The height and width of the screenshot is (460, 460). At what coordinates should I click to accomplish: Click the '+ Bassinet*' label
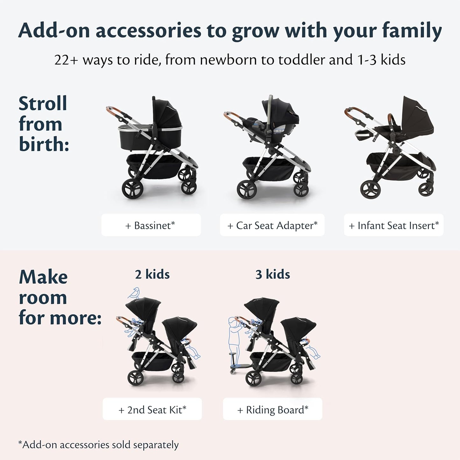coord(151,225)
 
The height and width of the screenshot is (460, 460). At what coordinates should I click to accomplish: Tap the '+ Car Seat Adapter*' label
coord(272,225)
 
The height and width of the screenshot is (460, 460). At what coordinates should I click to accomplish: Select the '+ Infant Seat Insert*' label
coord(393,225)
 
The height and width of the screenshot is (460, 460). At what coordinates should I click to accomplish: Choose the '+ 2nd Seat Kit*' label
coord(152,409)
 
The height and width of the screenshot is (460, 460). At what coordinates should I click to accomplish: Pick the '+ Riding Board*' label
coord(272,409)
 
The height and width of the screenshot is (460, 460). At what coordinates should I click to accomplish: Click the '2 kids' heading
coord(152,274)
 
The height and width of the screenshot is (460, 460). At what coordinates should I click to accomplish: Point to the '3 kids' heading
coord(272,274)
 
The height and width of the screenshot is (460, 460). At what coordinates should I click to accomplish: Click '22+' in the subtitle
coord(66,60)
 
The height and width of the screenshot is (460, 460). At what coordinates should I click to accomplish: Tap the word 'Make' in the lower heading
coord(43,277)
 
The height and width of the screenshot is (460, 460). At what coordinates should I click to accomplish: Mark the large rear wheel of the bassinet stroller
coord(132,188)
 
